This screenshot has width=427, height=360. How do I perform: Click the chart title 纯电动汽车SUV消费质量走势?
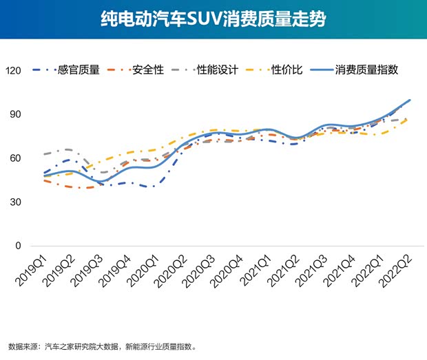[x=213, y=19]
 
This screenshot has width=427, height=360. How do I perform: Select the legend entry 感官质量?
[x=79, y=70]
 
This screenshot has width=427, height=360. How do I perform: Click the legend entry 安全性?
[x=149, y=70]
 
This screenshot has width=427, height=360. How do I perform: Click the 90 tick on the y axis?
[x=17, y=114]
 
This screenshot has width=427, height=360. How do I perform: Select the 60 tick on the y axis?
[x=17, y=158]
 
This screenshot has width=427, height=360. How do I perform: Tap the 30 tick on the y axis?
[x=17, y=202]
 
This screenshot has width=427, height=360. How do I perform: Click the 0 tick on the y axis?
[x=19, y=246]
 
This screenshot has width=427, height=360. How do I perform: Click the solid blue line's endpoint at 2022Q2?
[x=410, y=100]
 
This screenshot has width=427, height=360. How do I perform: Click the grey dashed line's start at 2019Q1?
[x=43, y=153]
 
